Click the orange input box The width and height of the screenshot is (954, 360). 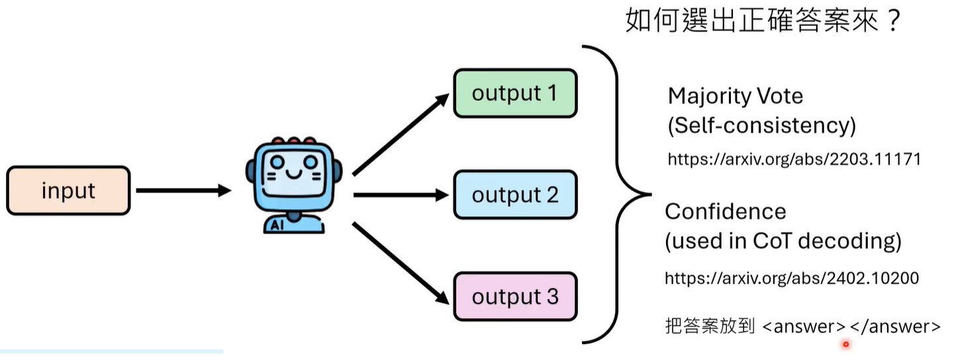point(68,191)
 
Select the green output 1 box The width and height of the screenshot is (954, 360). point(514,93)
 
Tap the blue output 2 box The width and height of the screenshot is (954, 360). point(514,195)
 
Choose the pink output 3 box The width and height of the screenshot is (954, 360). point(514,296)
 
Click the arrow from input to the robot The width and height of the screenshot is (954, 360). point(181,191)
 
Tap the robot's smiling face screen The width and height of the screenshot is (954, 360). point(293,174)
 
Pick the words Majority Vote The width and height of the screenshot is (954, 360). point(735,97)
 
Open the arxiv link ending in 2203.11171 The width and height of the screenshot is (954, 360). point(794,159)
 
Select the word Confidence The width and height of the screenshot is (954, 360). point(726,212)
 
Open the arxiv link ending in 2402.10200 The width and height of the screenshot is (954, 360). point(792,278)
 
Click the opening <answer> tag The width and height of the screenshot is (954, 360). point(804,327)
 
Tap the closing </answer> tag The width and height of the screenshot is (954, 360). point(894,327)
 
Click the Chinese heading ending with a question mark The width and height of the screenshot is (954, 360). point(763,22)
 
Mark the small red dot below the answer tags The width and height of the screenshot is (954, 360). point(845,344)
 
